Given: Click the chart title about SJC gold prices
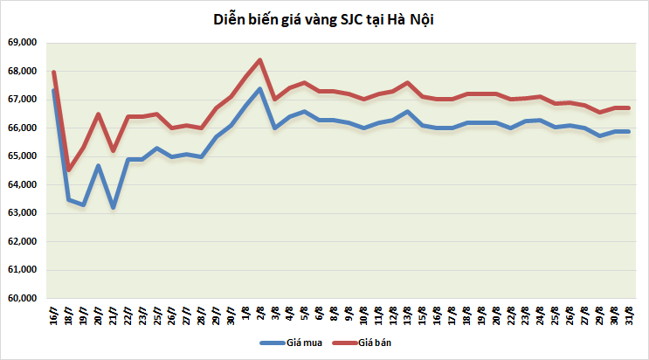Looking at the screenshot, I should pyautogui.click(x=324, y=18).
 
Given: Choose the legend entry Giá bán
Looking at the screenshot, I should pyautogui.click(x=373, y=343).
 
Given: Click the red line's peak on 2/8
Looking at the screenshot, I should pyautogui.click(x=260, y=59).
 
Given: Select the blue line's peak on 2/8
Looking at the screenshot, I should pyautogui.click(x=260, y=88).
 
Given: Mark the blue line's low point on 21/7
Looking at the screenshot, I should pyautogui.click(x=114, y=207).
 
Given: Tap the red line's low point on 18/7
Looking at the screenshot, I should pyautogui.click(x=69, y=170).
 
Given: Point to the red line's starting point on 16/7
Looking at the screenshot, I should pyautogui.click(x=54, y=72).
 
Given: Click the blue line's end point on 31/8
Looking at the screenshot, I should pyautogui.click(x=628, y=132).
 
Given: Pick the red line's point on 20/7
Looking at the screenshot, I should pyautogui.click(x=99, y=114).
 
